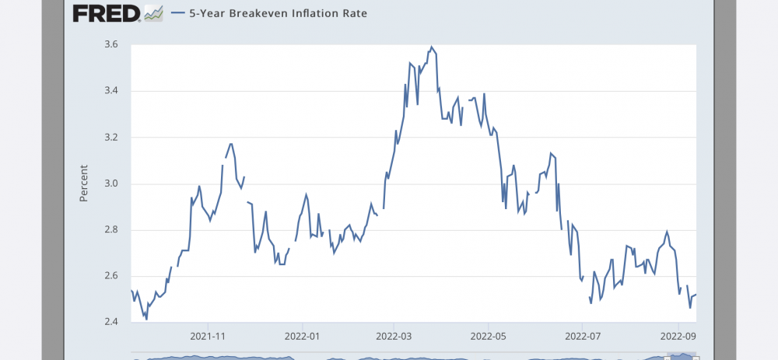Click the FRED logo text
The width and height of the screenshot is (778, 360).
pos(106,13)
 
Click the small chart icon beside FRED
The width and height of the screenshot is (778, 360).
pos(154,13)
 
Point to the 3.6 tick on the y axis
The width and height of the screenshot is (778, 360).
pos(110,45)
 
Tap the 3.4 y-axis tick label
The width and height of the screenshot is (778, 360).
pos(110,91)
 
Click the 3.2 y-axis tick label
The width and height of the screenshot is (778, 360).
pos(110,138)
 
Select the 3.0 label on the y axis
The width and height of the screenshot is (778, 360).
pos(110,183)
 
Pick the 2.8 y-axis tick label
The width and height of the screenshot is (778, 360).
pos(110,230)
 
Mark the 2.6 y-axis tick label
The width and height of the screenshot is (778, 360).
pos(110,276)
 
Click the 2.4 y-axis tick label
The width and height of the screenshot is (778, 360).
pos(110,322)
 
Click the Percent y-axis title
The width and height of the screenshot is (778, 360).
pos(84,183)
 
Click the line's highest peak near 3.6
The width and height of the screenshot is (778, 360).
pos(432,47)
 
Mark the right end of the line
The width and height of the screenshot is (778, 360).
pos(696,295)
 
